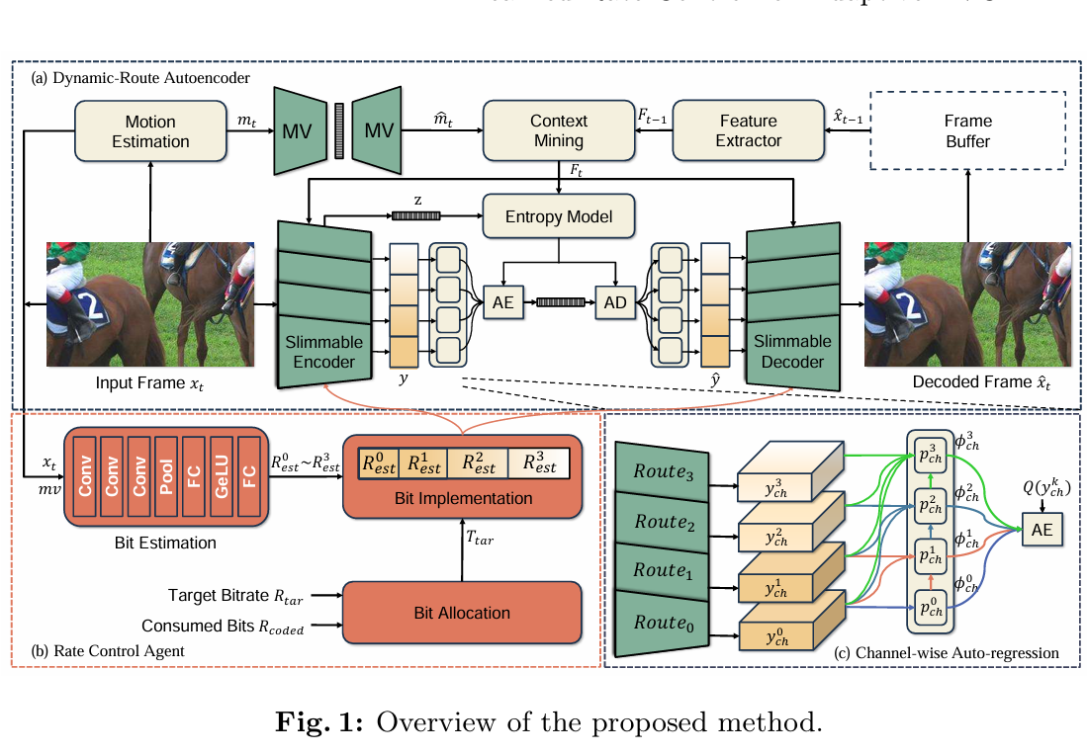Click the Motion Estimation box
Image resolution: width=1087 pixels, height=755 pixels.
click(x=149, y=131)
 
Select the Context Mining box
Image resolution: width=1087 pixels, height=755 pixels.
click(x=558, y=130)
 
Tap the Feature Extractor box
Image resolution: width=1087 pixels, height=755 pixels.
click(x=748, y=130)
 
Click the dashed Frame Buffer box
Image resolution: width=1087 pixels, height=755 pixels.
click(x=967, y=130)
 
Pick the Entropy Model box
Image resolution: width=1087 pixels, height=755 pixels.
click(x=559, y=216)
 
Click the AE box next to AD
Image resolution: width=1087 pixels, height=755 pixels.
click(x=503, y=302)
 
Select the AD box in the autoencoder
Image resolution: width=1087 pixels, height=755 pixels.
click(x=615, y=302)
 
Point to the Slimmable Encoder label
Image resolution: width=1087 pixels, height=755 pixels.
click(x=323, y=352)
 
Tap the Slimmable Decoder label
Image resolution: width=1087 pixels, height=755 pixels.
click(x=792, y=352)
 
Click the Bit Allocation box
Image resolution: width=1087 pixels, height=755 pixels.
click(x=461, y=613)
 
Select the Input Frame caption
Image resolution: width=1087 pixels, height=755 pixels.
click(x=147, y=382)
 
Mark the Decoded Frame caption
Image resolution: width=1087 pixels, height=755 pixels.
click(x=966, y=382)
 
